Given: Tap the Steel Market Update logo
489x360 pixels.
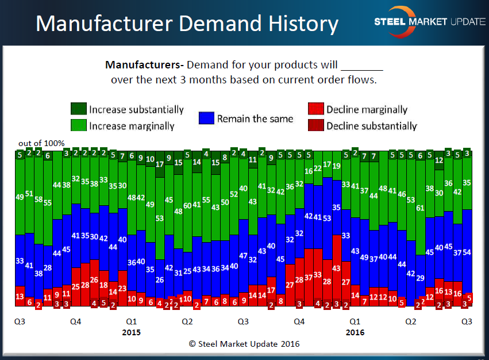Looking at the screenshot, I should (x=429, y=20).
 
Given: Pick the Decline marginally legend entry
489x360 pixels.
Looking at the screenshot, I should (x=357, y=109).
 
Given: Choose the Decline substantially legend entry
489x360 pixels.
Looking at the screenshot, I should (x=362, y=126).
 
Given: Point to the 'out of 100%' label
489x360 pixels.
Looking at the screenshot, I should (x=41, y=143).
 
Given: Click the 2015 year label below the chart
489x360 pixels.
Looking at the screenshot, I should (x=131, y=332).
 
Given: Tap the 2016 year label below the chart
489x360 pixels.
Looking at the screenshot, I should (x=355, y=332).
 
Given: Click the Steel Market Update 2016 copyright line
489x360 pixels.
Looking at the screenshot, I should (x=244, y=344).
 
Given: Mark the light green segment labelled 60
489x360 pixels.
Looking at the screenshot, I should (x=187, y=205).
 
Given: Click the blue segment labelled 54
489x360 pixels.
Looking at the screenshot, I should (x=467, y=252).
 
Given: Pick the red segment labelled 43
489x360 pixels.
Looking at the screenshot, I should (x=336, y=268).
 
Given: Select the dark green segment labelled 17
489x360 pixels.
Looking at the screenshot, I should (x=159, y=164).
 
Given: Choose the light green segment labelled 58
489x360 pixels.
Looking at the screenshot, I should (x=38, y=200).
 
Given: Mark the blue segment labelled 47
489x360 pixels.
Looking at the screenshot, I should (x=243, y=256).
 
